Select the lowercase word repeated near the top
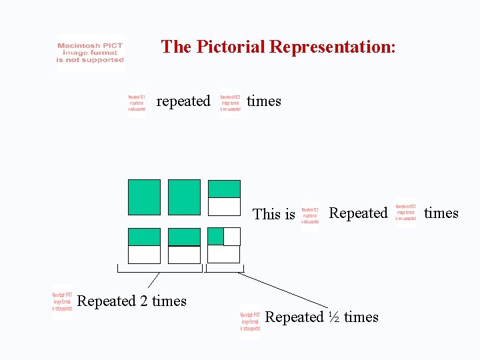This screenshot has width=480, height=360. pyautogui.click(x=183, y=101)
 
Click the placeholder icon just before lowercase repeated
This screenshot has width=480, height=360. pyautogui.click(x=137, y=105)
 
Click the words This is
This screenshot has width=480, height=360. pyautogui.click(x=273, y=214)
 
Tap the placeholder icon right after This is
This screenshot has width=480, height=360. pyautogui.click(x=310, y=215)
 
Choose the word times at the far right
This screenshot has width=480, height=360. pyautogui.click(x=441, y=213)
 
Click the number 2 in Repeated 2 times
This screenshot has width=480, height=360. pyautogui.click(x=143, y=301)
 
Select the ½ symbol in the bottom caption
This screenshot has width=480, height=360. pyautogui.click(x=334, y=317)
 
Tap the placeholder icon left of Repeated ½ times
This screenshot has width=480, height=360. pyautogui.click(x=250, y=322)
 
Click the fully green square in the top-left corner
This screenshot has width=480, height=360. pyautogui.click(x=144, y=197)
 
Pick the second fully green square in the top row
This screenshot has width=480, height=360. pyautogui.click(x=184, y=197)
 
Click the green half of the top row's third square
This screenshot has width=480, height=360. pyautogui.click(x=224, y=189)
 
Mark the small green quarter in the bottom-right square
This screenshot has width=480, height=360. pyautogui.click(x=215, y=236)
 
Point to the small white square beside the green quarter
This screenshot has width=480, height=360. pyautogui.click(x=231, y=237)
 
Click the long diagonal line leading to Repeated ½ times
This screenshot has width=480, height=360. pyautogui.click(x=287, y=290)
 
